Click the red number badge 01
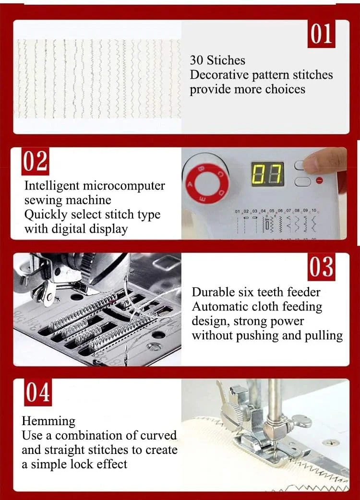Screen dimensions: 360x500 [321, 34]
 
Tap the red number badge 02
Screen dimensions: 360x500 [35, 161]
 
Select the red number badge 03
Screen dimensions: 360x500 [322, 267]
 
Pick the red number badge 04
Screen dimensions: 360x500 [37, 392]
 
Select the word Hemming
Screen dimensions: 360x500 [48, 422]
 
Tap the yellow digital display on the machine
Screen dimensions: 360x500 [267, 174]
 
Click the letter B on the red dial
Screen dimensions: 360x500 [201, 169]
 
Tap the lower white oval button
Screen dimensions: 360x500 [302, 181]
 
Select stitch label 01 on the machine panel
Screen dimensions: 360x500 [237, 212]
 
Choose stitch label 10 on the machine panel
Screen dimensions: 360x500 [314, 211]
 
